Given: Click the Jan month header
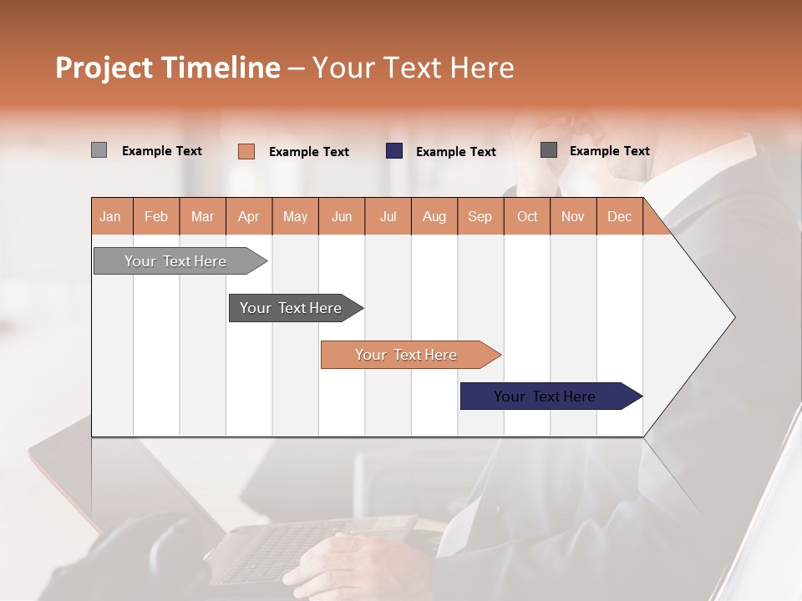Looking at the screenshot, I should (111, 216).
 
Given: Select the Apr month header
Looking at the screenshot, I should (249, 216).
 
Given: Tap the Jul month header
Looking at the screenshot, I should (388, 216).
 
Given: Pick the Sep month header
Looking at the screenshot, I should (480, 216).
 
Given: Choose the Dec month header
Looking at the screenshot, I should (619, 216).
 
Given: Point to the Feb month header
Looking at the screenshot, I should (156, 216).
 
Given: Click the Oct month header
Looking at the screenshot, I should (527, 216).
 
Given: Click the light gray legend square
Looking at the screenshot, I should (99, 150).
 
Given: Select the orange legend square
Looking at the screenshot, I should (246, 151).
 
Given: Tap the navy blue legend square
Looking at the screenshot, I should (394, 151).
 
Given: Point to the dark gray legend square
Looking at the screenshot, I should (549, 150).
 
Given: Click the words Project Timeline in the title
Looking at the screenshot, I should (167, 68).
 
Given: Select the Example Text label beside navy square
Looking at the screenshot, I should (455, 152).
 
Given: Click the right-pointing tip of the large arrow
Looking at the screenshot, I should (732, 316).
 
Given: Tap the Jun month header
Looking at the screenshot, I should (342, 216).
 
